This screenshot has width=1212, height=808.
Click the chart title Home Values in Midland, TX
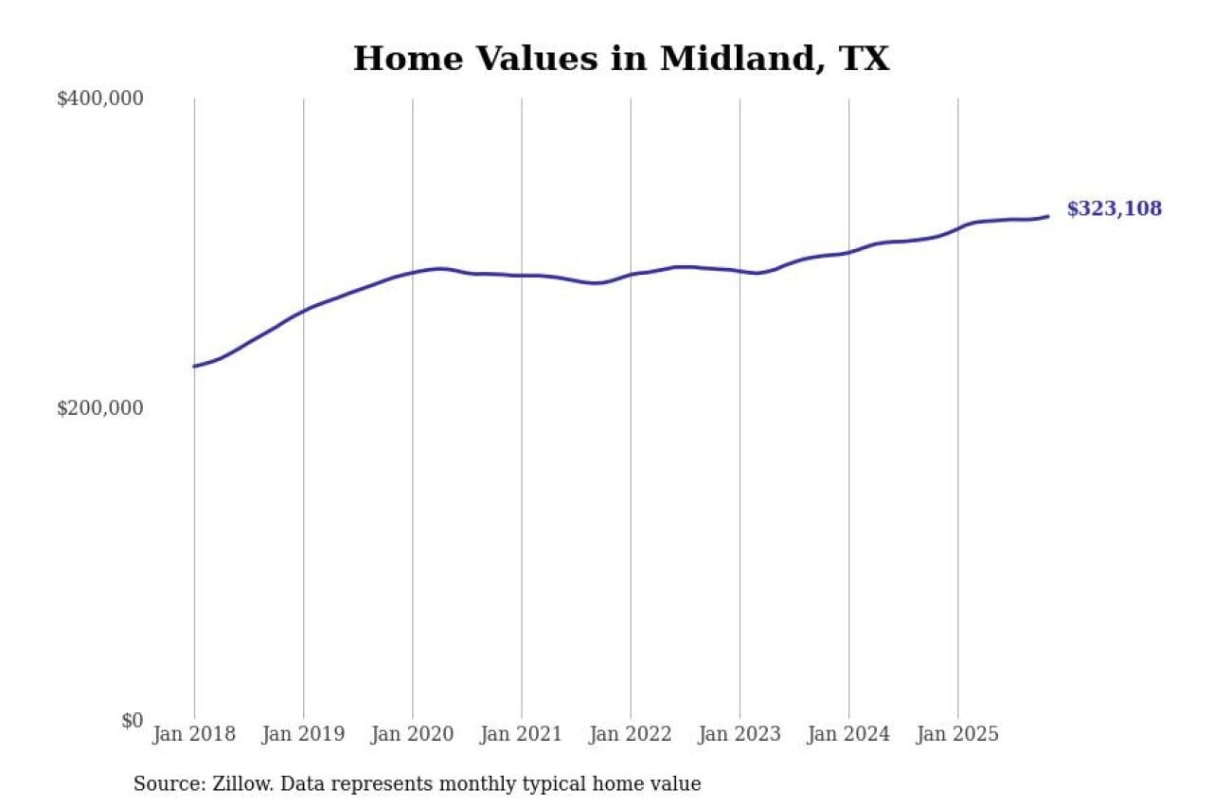[621, 59]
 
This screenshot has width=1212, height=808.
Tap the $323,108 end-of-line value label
[1114, 209]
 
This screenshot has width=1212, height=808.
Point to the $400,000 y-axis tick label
[99, 99]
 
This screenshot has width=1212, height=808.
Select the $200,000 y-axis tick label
[99, 408]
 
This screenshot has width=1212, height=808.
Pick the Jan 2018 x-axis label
[194, 734]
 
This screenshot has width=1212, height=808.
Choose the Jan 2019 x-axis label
[303, 734]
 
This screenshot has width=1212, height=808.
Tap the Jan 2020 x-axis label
[412, 734]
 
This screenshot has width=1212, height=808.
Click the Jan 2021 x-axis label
[521, 734]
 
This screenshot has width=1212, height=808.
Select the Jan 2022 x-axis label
[631, 734]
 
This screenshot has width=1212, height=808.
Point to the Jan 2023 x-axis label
[740, 734]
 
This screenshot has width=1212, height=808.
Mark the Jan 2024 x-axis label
[848, 734]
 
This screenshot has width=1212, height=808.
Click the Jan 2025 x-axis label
[957, 734]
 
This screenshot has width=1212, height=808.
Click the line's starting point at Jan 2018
[195, 366]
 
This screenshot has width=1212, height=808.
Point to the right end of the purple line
[1047, 216]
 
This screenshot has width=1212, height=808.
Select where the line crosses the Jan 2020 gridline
[412, 273]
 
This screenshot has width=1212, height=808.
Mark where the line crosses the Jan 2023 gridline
[740, 271]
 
